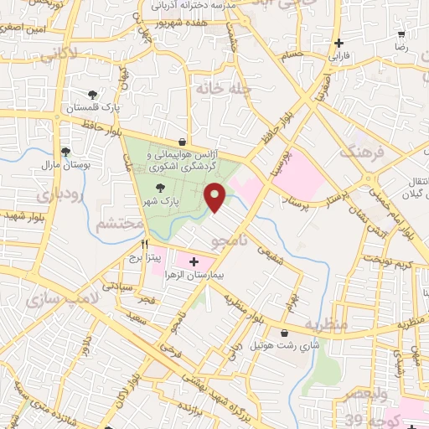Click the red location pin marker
[217, 196]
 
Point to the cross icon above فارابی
[339, 44]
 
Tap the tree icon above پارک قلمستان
[93, 96]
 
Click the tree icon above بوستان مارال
[65, 152]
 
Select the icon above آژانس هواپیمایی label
[182, 142]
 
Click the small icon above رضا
[401, 34]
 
